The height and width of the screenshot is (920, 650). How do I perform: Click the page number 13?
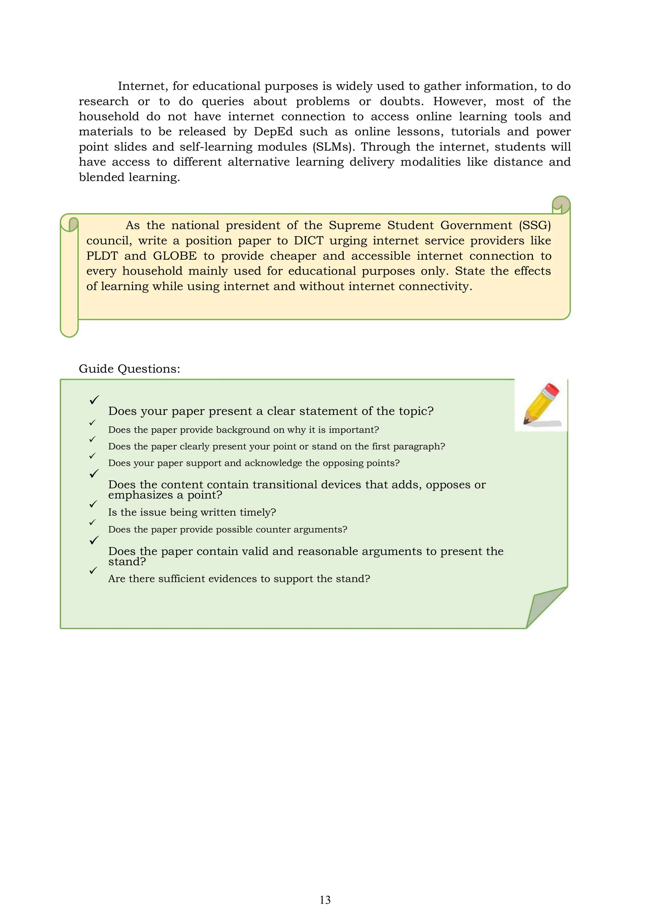(325, 900)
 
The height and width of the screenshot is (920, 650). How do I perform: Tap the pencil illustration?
(541, 404)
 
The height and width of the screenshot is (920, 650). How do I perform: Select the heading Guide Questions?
(129, 369)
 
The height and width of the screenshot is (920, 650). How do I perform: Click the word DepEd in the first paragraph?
(273, 132)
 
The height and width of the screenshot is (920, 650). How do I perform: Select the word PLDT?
(102, 256)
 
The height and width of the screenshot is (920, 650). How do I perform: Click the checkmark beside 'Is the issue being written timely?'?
(93, 504)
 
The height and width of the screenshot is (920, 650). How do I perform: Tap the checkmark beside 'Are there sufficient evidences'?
(93, 570)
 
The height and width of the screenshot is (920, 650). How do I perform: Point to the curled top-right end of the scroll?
(561, 205)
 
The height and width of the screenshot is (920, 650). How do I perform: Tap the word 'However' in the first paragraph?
(459, 101)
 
